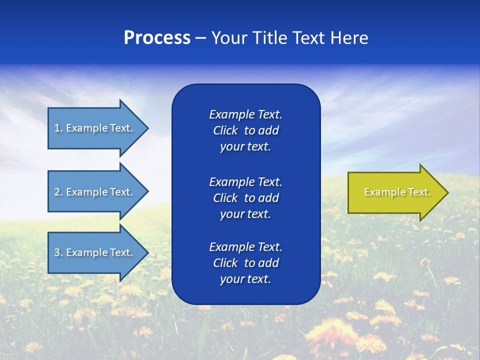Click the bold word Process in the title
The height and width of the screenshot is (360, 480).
point(157,38)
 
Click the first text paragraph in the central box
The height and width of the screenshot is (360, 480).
point(245,130)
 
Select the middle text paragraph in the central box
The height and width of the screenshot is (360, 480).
point(245,198)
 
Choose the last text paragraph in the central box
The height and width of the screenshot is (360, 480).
point(245,263)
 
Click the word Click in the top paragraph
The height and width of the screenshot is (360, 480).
point(225,130)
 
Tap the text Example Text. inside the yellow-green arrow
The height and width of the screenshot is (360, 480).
point(397,192)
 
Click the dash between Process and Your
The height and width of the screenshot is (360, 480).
point(201,38)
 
